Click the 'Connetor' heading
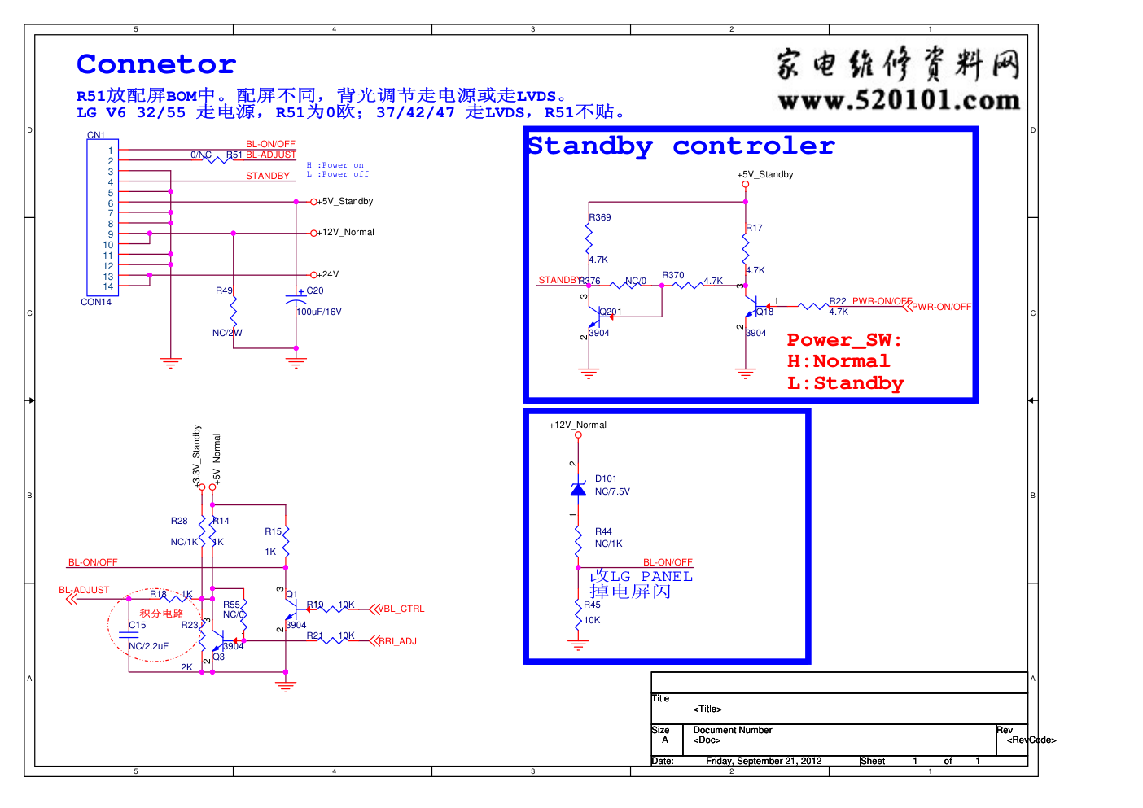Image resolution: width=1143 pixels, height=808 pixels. [x=156, y=64]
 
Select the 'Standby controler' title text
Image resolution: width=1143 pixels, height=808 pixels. [x=681, y=146]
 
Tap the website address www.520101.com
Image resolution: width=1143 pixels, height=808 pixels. [x=899, y=101]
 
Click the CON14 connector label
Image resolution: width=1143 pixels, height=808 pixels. [x=96, y=302]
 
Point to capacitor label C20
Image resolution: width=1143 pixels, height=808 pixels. [x=315, y=290]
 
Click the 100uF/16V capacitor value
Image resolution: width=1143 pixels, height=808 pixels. [x=319, y=312]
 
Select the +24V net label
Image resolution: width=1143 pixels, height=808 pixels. [x=328, y=275]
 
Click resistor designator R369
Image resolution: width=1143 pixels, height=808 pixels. [x=600, y=217]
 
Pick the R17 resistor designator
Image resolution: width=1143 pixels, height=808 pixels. [x=755, y=228]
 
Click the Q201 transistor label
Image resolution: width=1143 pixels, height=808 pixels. [x=611, y=312]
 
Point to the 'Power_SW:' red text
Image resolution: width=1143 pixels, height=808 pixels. [x=844, y=340]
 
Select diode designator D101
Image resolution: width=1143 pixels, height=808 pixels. [x=606, y=478]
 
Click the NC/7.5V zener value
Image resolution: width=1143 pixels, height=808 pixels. [x=612, y=491]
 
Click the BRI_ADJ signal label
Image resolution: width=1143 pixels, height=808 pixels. [x=398, y=641]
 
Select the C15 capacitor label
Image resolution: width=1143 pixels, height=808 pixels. [x=138, y=625]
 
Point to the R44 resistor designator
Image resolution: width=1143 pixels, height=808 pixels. [x=603, y=531]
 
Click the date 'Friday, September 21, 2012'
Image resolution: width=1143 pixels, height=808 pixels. [x=764, y=762]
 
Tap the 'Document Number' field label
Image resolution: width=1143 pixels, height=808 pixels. [x=733, y=730]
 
